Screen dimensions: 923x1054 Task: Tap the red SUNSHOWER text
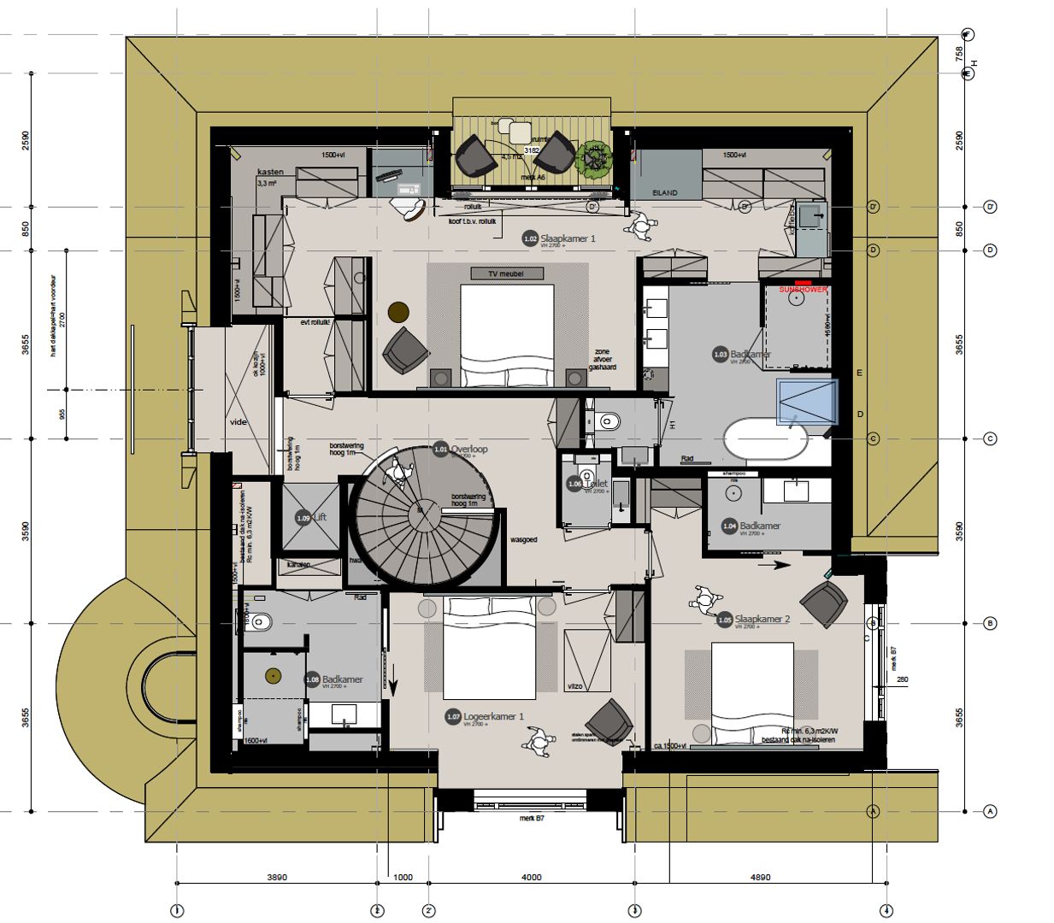click(803, 290)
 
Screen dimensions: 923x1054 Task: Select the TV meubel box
click(505, 273)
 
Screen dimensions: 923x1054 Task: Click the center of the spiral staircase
click(421, 514)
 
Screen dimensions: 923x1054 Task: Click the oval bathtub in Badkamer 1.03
click(764, 438)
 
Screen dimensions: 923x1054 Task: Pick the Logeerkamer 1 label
click(493, 716)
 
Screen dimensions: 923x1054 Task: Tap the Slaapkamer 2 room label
click(762, 619)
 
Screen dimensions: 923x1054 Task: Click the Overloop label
click(469, 449)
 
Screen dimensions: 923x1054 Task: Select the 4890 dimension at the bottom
click(760, 877)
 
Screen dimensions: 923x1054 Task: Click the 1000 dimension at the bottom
click(403, 877)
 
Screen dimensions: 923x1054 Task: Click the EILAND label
click(664, 193)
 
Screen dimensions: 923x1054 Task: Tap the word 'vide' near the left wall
click(238, 422)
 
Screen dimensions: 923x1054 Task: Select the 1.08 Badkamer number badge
click(313, 679)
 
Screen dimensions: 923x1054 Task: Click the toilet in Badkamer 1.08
click(259, 622)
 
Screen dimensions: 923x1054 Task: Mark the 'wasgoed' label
click(523, 540)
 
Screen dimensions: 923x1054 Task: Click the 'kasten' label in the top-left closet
click(270, 173)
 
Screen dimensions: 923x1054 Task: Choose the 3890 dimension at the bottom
click(277, 877)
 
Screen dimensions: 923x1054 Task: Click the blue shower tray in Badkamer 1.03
click(806, 402)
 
